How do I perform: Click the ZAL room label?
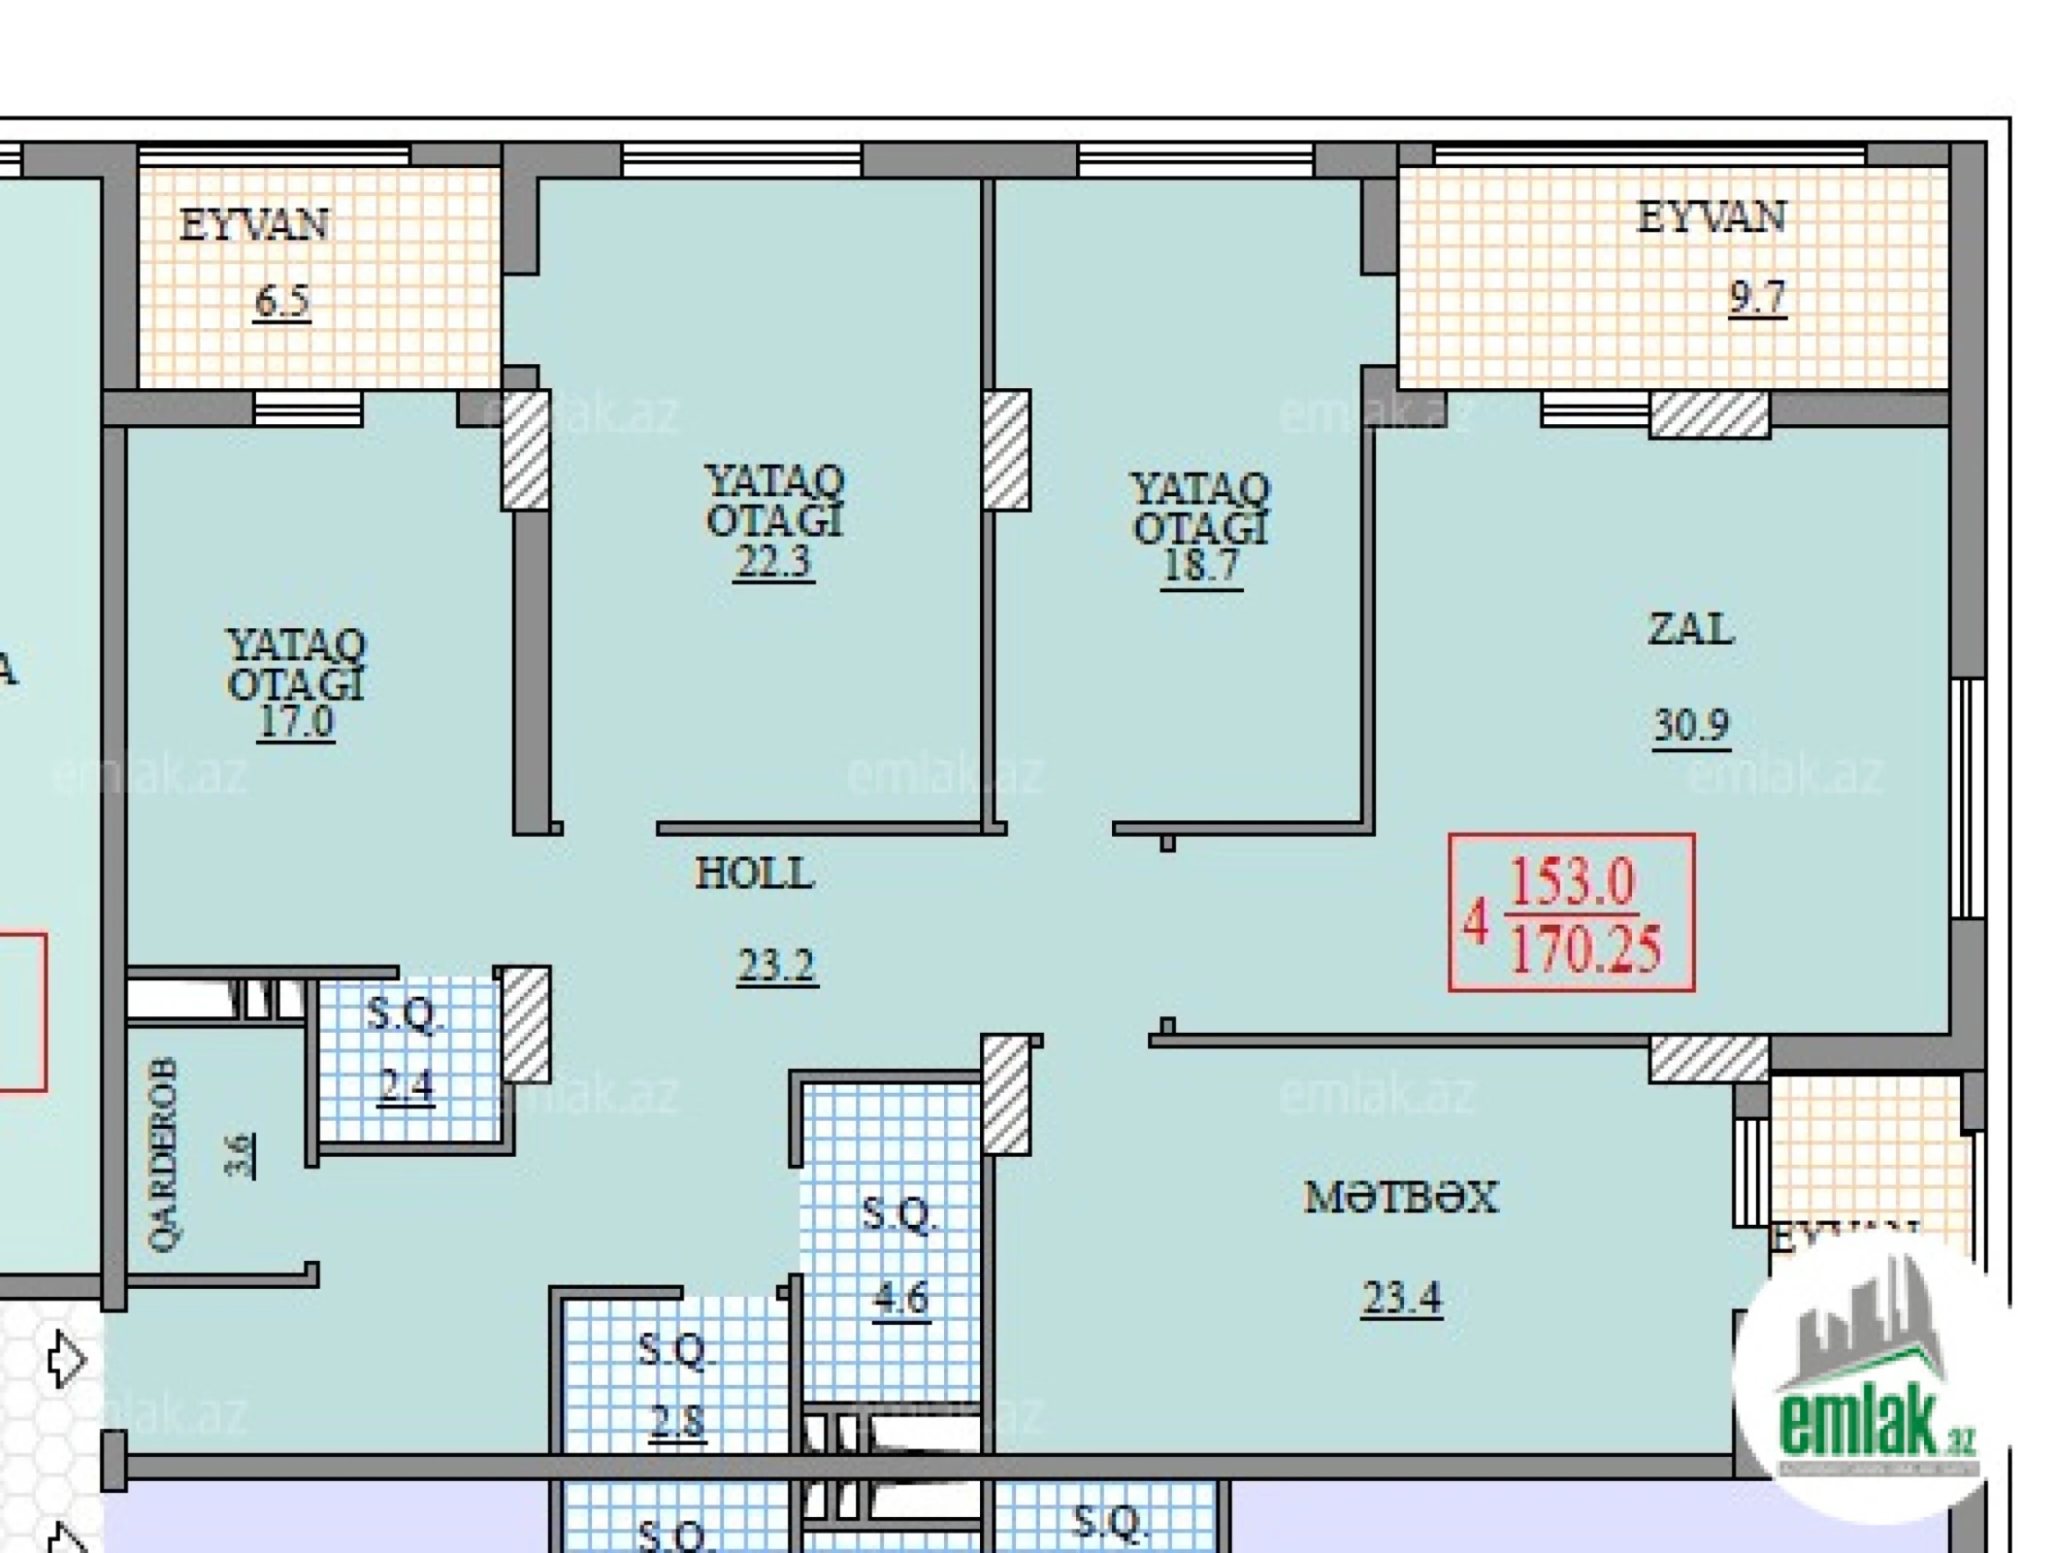point(1690,630)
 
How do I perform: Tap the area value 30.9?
point(1690,724)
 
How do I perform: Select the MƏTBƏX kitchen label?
point(1400,1198)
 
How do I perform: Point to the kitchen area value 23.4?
point(1402,1297)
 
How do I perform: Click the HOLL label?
point(754,875)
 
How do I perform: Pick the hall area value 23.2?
point(776,965)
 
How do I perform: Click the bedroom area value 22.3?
point(773,561)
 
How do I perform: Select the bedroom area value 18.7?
point(1201,566)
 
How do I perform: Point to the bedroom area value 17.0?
point(296,722)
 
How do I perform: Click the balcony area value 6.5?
point(282,301)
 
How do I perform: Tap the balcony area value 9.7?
point(1756,297)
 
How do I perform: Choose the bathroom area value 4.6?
point(900,1298)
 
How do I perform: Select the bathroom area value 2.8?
point(677,1422)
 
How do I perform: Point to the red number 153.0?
point(1572,883)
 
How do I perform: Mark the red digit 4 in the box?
point(1475,921)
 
